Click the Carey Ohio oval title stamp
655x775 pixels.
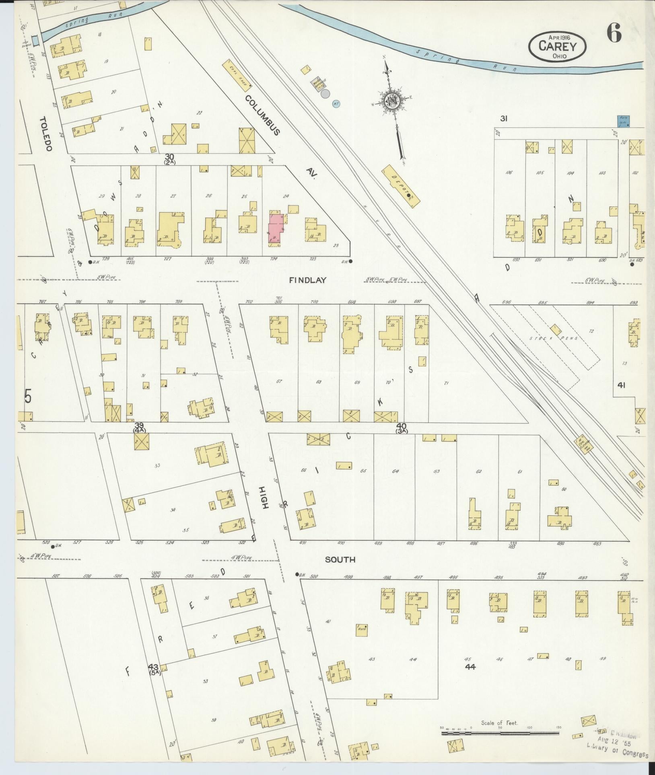coord(557,47)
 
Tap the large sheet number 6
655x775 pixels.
coord(614,33)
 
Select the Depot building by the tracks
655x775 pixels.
coord(401,186)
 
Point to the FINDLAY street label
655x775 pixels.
coord(307,280)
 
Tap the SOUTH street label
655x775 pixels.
coord(340,559)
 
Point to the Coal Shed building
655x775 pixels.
coord(237,76)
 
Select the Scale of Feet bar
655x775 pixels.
coord(500,733)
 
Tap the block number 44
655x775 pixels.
coord(470,666)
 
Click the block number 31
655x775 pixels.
coord(503,119)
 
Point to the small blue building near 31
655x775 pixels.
coord(623,121)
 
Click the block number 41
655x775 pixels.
coord(621,385)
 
